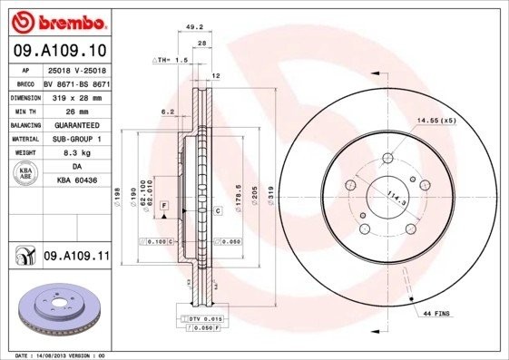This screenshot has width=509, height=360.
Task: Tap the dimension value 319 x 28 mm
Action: (x=75, y=95)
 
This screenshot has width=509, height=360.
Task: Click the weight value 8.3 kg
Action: (x=75, y=154)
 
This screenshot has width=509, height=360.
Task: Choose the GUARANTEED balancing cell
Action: (x=75, y=124)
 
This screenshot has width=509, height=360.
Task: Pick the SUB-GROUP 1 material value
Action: (x=75, y=139)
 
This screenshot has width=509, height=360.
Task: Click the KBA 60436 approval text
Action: (x=75, y=180)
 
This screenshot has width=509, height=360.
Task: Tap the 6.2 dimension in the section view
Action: (x=167, y=112)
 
